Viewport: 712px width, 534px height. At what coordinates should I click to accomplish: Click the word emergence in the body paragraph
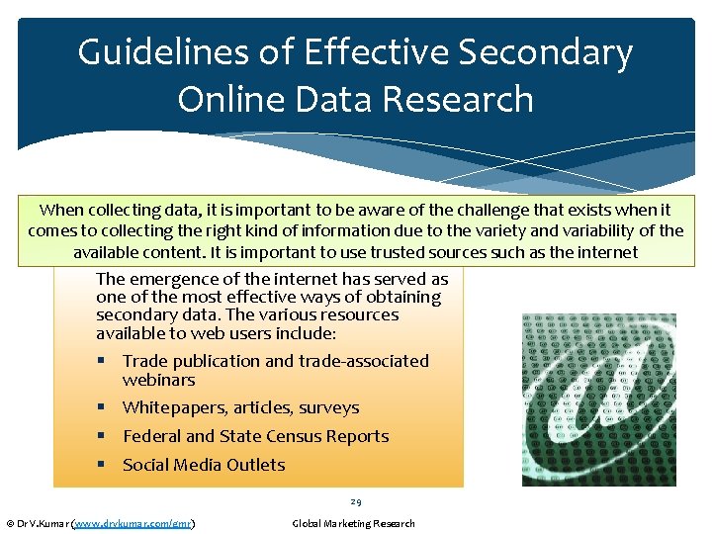click(x=174, y=280)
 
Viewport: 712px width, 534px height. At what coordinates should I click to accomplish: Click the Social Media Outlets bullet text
click(x=204, y=465)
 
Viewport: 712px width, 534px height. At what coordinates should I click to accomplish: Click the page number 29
click(x=355, y=501)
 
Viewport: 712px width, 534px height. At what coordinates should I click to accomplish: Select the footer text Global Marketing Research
click(x=354, y=523)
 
